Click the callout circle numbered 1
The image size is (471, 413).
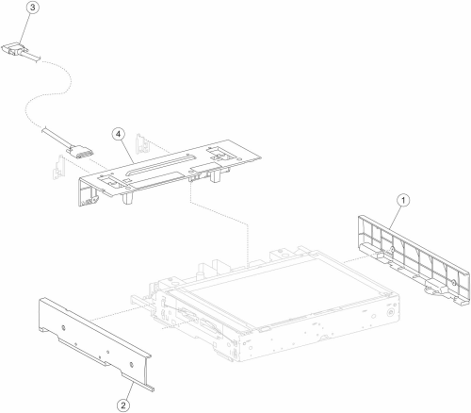[x=403, y=200]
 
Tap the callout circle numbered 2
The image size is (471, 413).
[x=123, y=405]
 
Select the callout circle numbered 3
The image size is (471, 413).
[x=32, y=8]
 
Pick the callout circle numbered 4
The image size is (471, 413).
[x=118, y=134]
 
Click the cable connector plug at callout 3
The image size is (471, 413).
[x=17, y=50]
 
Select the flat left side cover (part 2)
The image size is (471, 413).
[x=94, y=342]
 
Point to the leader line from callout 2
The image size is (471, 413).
[x=128, y=388]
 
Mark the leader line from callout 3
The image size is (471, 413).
[x=24, y=28]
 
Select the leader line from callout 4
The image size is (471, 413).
[x=128, y=152]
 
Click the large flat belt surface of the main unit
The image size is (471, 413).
[x=290, y=292]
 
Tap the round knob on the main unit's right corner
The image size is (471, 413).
[x=390, y=313]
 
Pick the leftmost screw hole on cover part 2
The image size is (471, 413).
[x=63, y=328]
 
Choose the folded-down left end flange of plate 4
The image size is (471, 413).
[x=88, y=191]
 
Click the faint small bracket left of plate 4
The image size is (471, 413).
[x=57, y=167]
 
